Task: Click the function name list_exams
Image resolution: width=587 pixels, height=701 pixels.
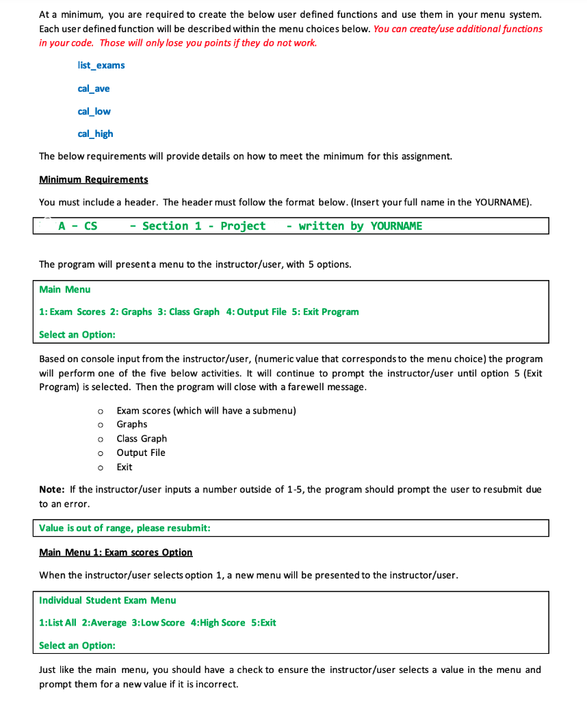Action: (x=101, y=65)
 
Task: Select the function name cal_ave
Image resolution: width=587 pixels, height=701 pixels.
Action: (x=94, y=88)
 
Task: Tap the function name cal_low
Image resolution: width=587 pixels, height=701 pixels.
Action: (x=94, y=111)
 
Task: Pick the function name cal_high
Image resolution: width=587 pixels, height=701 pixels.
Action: (x=96, y=133)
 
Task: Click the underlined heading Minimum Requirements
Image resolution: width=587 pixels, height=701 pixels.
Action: (x=94, y=179)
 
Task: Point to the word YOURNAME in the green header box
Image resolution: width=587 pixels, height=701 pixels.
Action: (x=396, y=226)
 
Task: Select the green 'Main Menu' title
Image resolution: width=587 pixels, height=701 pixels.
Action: (x=65, y=290)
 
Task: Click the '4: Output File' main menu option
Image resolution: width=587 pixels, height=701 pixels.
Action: (x=256, y=311)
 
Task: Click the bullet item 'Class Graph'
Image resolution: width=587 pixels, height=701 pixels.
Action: (x=142, y=438)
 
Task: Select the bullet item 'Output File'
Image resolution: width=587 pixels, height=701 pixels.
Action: (x=141, y=453)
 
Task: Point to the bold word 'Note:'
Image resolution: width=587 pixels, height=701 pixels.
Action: (x=52, y=489)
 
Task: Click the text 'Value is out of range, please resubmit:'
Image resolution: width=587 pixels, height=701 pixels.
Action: (x=125, y=528)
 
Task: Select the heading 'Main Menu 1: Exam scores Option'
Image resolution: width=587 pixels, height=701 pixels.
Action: (x=116, y=552)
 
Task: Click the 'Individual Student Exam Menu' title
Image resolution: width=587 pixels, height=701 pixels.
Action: (x=107, y=600)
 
